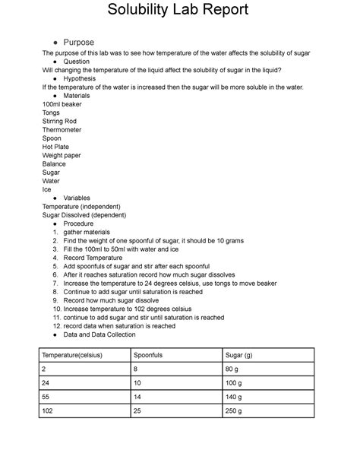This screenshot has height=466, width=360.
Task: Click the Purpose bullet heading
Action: tap(78, 42)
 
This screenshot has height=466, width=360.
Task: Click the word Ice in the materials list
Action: tap(47, 189)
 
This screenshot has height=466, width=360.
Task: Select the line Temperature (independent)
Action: tap(81, 207)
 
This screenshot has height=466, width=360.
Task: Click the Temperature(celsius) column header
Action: tap(72, 355)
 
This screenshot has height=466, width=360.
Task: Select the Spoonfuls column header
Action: tap(148, 355)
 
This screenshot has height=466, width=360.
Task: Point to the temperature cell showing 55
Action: tap(47, 393)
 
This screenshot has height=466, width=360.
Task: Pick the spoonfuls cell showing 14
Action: tap(137, 393)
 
